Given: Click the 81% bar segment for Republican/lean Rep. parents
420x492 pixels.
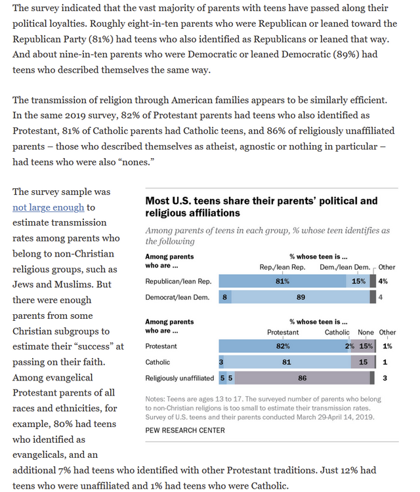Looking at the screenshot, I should point(282,281).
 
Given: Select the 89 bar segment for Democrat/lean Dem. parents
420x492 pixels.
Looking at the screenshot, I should point(301,297).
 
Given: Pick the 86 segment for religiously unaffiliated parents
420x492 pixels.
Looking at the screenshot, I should point(302,378).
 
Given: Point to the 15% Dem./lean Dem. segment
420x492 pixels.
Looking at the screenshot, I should point(358,281).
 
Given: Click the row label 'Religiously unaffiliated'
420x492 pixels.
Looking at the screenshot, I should point(180,378).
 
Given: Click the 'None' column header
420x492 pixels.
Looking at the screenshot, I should point(366,333).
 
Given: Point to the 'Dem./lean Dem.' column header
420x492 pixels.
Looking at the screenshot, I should point(345,267).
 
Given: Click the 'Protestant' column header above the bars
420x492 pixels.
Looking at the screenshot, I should point(283,333).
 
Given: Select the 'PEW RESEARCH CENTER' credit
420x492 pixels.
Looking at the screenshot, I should point(184,430).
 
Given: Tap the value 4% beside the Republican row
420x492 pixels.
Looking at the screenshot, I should point(384,281).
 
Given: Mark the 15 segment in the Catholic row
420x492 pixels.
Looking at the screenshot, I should point(362,362).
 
